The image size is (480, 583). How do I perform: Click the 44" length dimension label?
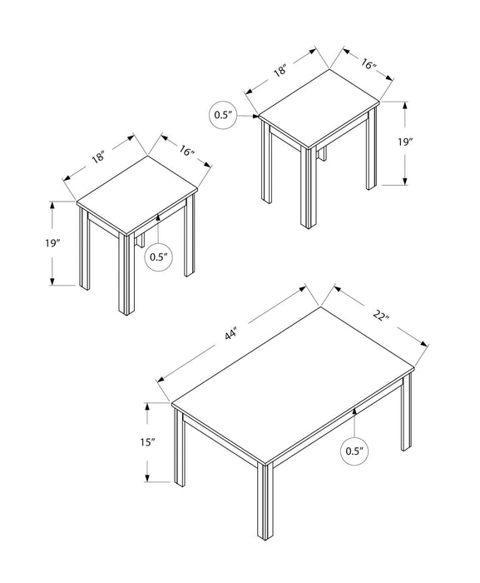[230, 335]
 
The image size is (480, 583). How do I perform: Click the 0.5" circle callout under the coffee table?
[355, 452]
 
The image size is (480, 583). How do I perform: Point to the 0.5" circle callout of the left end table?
[159, 257]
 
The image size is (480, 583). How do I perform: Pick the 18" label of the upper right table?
[280, 71]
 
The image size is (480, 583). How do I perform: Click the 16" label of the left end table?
[187, 152]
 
